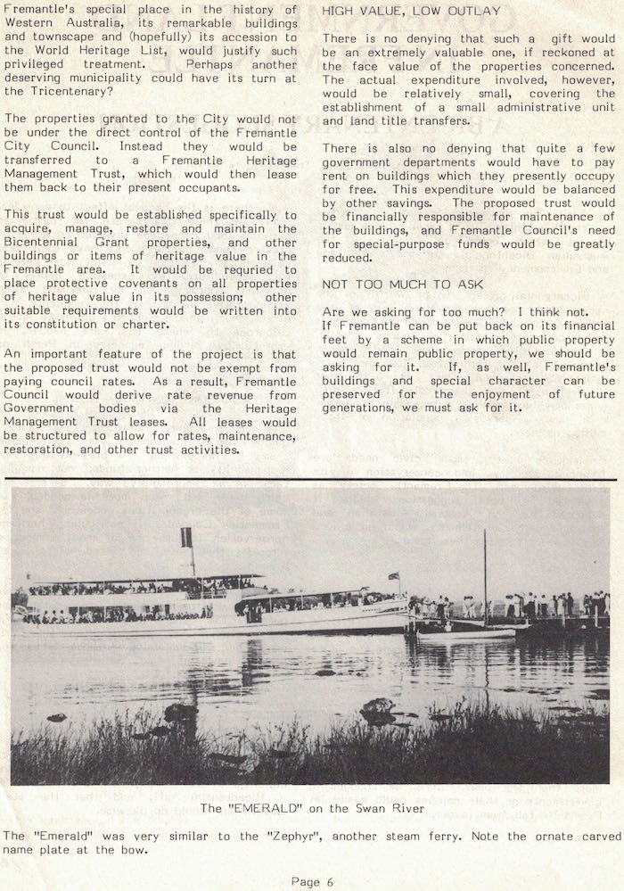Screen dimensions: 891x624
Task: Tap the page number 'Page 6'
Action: click(312, 881)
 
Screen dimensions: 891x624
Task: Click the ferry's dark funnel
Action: click(186, 538)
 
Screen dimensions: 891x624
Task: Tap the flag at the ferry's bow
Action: click(393, 576)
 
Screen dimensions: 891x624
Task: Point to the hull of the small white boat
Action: click(466, 634)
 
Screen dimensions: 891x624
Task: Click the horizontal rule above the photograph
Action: click(312, 480)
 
